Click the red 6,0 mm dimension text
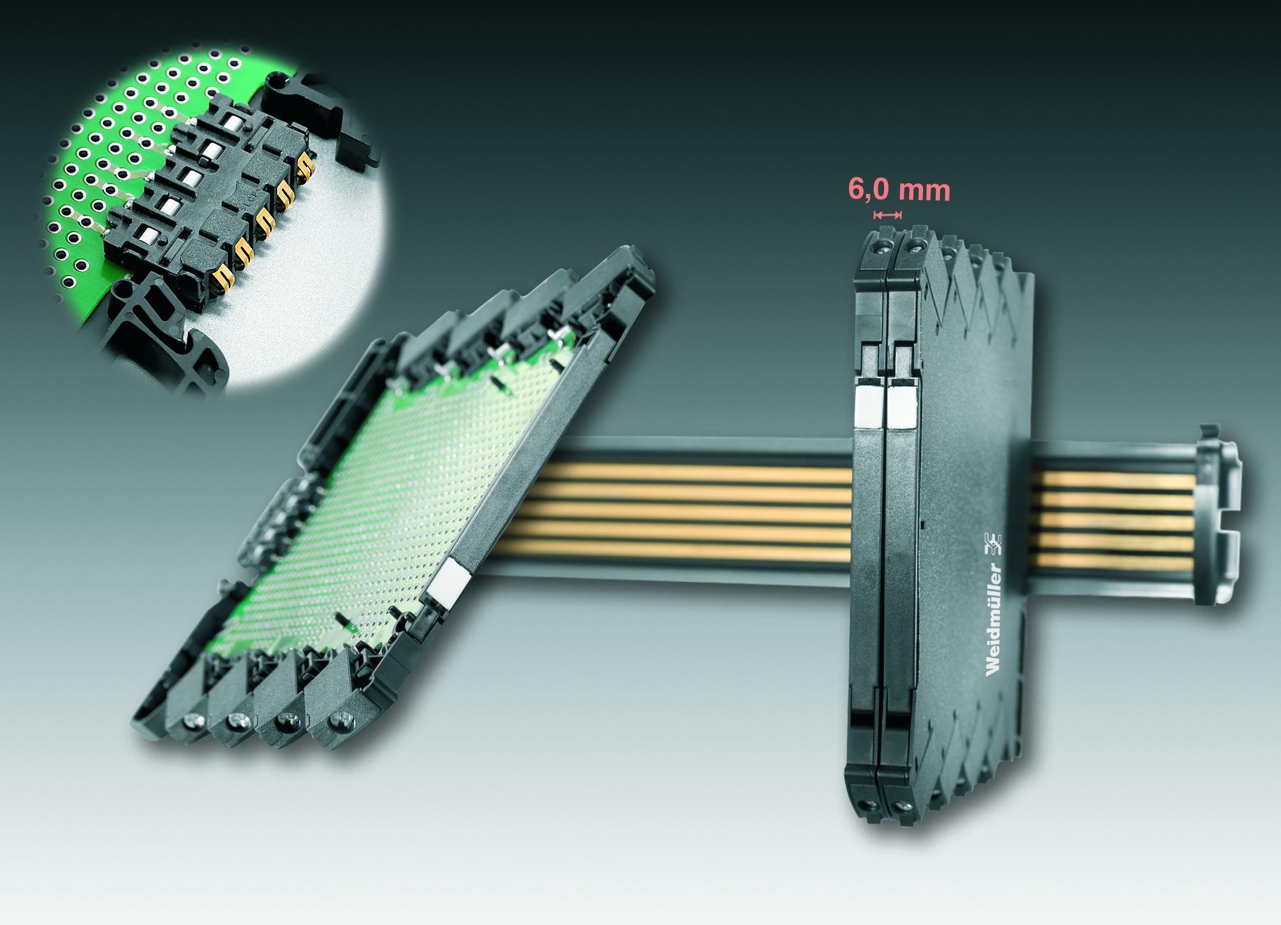point(899,190)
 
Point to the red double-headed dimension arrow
point(888,215)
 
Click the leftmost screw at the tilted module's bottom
point(193,719)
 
